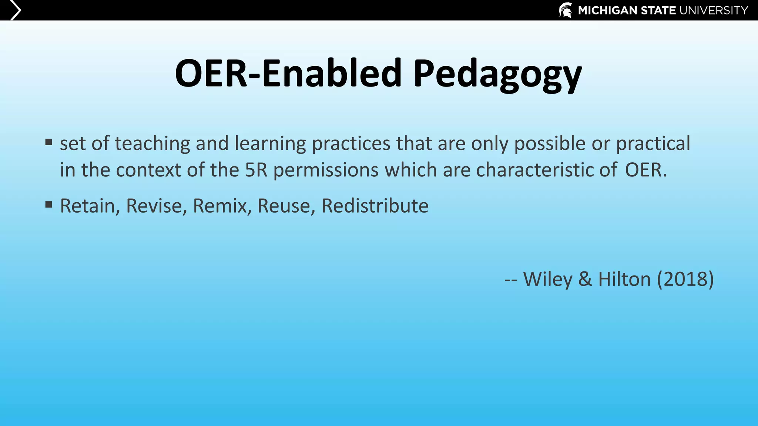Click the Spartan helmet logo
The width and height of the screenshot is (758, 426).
coord(565,10)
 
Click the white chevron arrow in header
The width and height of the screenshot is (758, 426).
coord(15,10)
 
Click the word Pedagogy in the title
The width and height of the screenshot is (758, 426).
coord(497,74)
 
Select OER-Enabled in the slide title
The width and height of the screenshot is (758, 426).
coord(288,73)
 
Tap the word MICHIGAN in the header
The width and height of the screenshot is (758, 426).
coord(607,10)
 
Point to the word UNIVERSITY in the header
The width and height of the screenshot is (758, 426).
coord(714,10)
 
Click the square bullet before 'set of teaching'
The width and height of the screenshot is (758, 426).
coord(49,142)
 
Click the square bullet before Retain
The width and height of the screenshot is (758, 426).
coord(49,204)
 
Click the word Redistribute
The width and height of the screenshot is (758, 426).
coord(375,206)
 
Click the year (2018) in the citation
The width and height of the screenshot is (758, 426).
coord(685,279)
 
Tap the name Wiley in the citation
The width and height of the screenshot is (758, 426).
coord(548,279)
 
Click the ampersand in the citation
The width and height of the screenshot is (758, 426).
coord(585,279)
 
